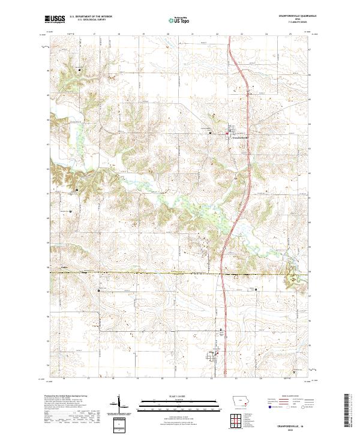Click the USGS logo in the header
coord(55,20)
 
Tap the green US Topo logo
coord(179,20)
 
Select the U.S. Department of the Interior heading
coord(90,17)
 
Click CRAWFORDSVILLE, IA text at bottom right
coord(292,424)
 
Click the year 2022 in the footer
coord(292,428)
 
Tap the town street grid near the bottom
coord(214,356)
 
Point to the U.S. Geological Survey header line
coord(88,21)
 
